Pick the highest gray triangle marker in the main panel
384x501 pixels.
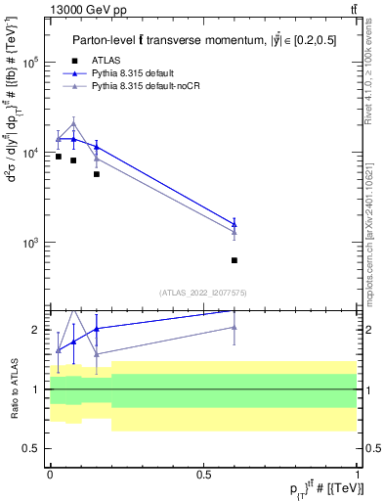[x=73, y=124]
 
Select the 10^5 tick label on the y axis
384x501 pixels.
[x=30, y=62]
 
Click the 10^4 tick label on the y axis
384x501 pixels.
[x=30, y=153]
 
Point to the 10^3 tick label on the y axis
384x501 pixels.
[x=30, y=243]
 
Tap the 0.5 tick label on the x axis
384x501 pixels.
[x=204, y=474]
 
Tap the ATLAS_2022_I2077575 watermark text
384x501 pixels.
[x=203, y=292]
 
